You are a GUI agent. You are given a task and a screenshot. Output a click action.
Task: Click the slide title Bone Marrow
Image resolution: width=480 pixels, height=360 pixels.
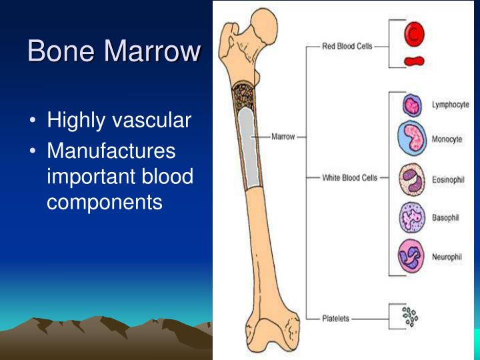click(x=114, y=51)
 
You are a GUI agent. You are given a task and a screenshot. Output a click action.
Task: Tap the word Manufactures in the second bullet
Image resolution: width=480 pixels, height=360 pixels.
click(x=111, y=151)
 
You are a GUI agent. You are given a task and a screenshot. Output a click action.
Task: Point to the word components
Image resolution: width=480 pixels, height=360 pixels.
click(x=105, y=201)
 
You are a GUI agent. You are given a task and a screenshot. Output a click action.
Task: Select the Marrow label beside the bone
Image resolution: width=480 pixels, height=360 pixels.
click(x=284, y=137)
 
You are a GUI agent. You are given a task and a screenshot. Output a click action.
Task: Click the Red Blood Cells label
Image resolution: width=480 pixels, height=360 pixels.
click(x=347, y=47)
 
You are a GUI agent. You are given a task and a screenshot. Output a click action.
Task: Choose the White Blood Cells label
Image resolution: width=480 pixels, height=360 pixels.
click(x=349, y=178)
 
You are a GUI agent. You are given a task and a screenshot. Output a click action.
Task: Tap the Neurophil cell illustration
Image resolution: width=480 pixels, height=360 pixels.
click(x=412, y=256)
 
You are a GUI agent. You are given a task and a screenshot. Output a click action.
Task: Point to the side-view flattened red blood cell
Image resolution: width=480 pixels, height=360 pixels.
click(x=413, y=62)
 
